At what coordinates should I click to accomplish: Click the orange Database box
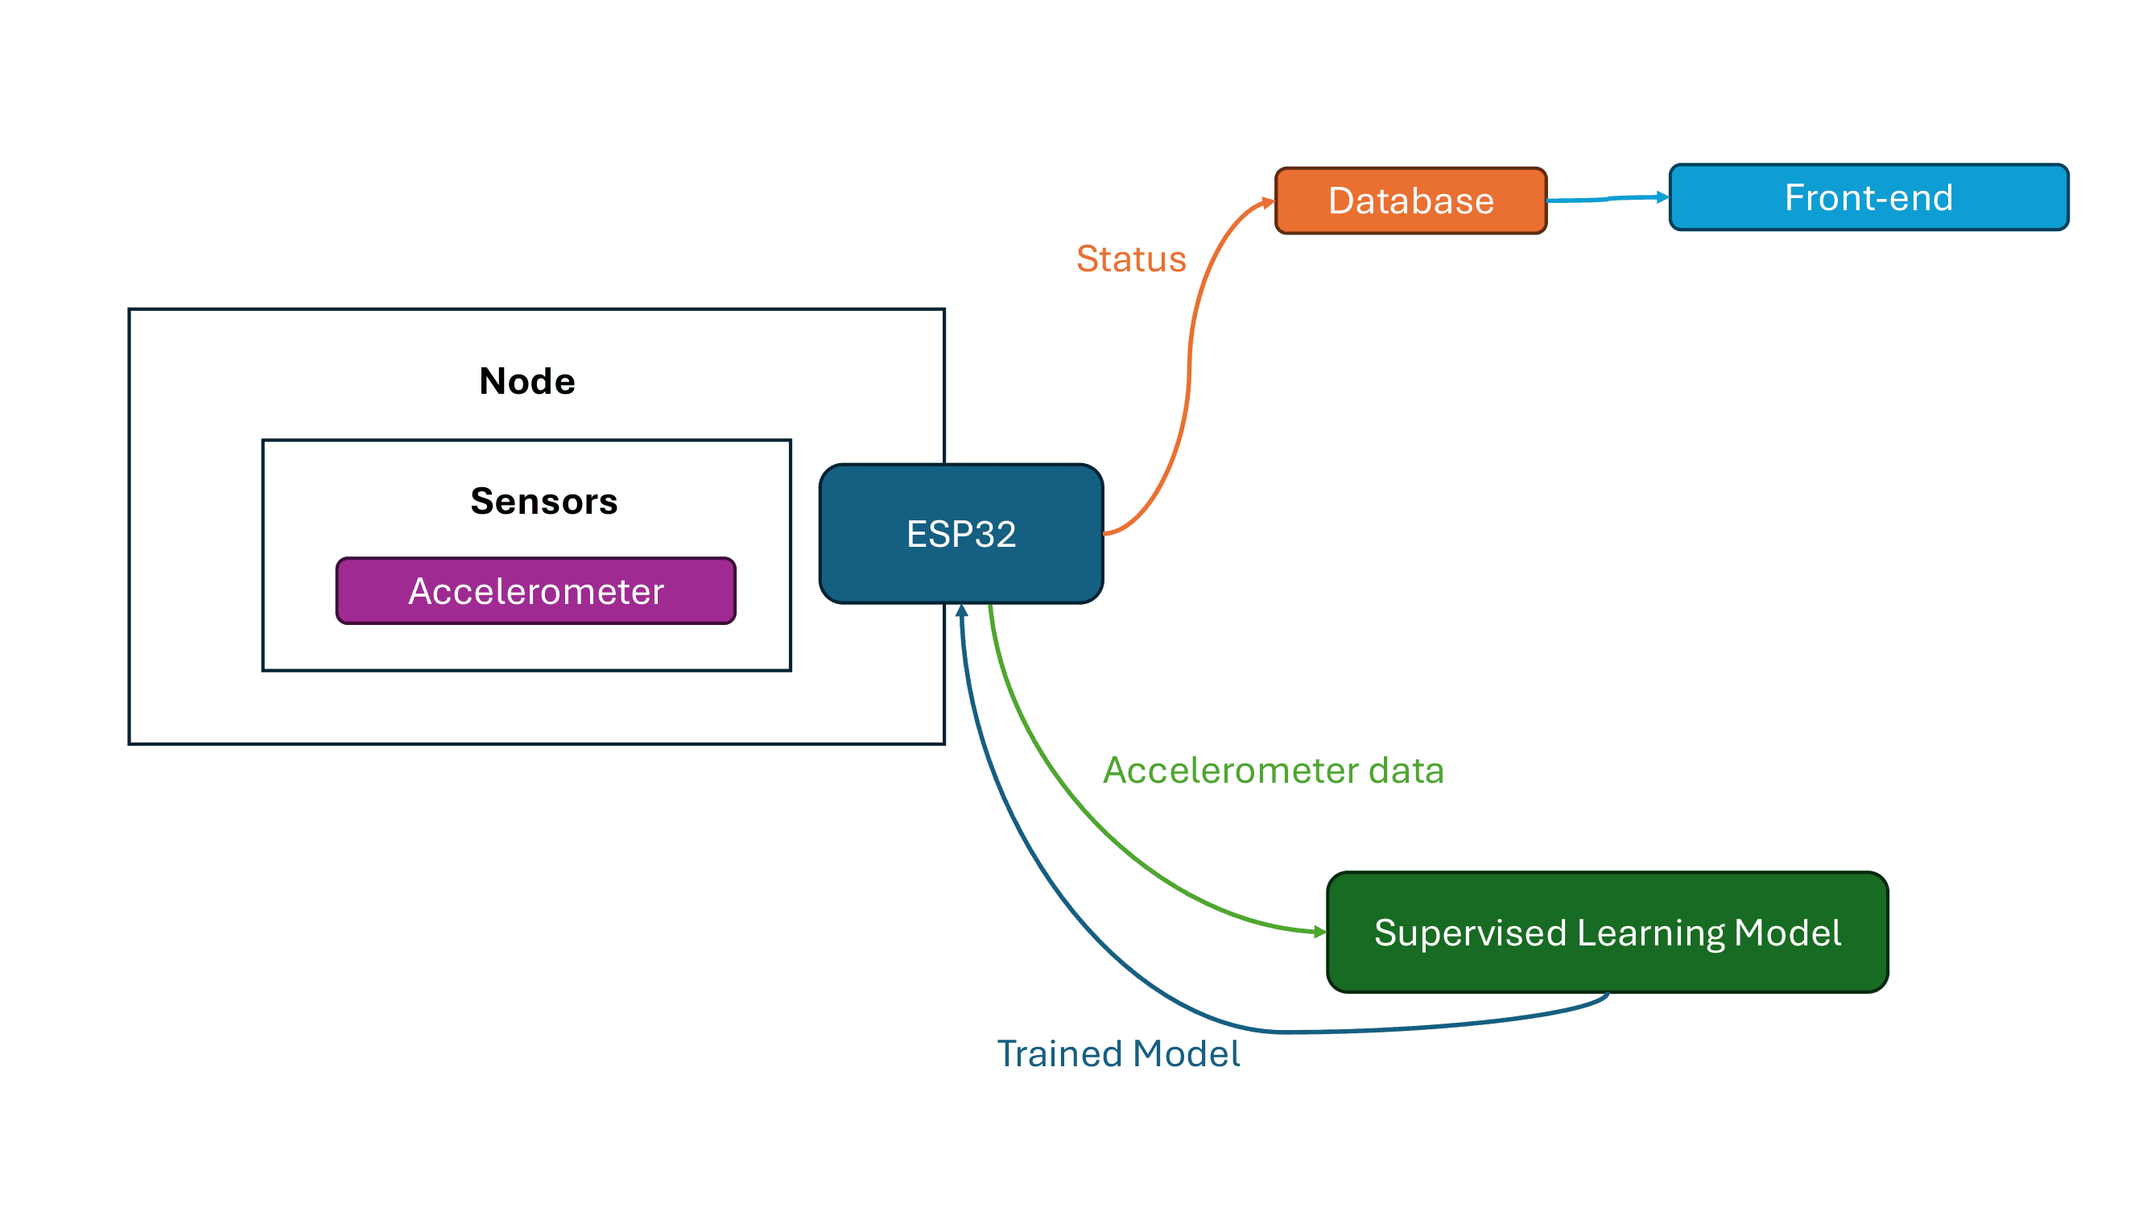point(1410,201)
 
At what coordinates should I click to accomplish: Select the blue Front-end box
point(1868,197)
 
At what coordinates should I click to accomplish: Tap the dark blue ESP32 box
point(961,534)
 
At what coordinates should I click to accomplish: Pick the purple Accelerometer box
point(536,591)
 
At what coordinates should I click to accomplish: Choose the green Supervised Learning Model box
point(1607,932)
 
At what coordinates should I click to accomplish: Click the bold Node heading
point(526,381)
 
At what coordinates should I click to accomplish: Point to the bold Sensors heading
point(543,501)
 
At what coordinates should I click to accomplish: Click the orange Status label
point(1131,259)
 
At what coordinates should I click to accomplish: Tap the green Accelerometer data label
point(1273,771)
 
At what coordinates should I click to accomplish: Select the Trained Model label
point(1118,1053)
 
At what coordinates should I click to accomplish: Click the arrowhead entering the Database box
point(1269,202)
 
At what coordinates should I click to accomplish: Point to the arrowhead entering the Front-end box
point(1662,197)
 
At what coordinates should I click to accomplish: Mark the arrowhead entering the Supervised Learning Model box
point(1319,932)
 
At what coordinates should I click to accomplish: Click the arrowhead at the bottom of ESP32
point(962,611)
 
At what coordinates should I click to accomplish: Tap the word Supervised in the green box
point(1470,933)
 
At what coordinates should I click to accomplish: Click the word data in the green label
point(1406,771)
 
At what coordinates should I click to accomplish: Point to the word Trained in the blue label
point(1059,1053)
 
